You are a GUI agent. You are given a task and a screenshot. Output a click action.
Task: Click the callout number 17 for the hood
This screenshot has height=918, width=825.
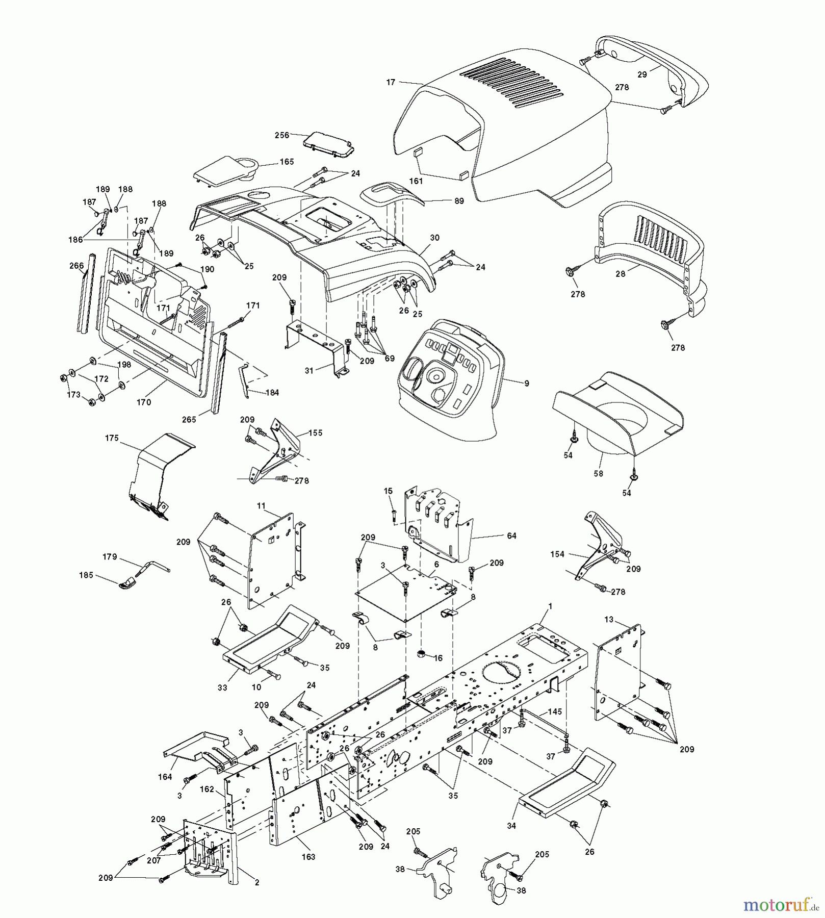(x=391, y=82)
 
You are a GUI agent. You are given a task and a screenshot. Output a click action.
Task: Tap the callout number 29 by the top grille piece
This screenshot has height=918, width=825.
(x=642, y=74)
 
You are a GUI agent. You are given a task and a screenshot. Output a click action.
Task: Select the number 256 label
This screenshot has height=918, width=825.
(x=281, y=135)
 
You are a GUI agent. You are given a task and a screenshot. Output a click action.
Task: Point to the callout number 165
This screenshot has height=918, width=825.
(x=287, y=162)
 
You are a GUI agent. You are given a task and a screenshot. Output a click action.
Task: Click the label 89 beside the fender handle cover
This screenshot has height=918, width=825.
(x=459, y=201)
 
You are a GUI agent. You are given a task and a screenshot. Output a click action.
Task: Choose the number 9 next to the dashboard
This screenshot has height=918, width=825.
(x=527, y=383)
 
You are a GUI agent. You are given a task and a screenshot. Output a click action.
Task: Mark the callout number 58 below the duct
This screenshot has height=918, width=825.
(x=598, y=473)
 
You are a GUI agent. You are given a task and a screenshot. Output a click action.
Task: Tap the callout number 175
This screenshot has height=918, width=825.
(x=112, y=438)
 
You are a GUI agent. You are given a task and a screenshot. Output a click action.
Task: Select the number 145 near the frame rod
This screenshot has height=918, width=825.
(x=555, y=711)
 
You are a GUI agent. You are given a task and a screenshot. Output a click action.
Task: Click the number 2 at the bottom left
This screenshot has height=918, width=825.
(x=257, y=883)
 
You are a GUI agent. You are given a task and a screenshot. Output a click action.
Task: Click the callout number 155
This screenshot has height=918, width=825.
(x=316, y=433)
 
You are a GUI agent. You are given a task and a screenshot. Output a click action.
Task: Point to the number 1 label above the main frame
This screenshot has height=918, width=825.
(x=550, y=605)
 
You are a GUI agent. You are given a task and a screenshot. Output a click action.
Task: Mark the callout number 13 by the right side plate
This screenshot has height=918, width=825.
(x=609, y=620)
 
